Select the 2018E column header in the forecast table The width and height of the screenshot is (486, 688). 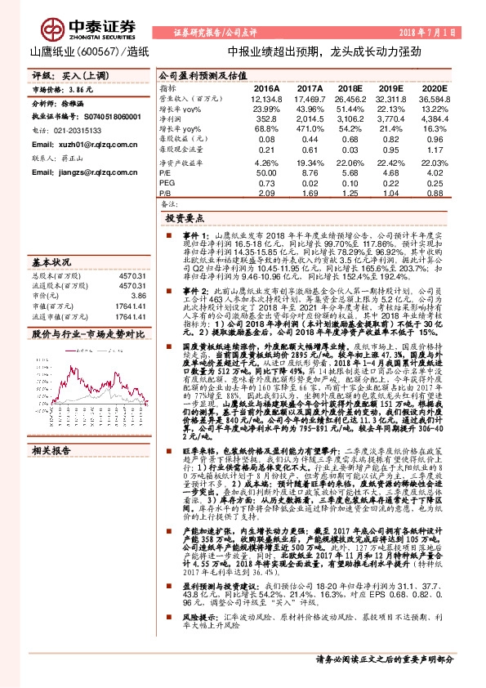click(x=350, y=87)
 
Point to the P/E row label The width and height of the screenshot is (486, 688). click(x=166, y=172)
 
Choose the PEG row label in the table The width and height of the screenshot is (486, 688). click(x=167, y=182)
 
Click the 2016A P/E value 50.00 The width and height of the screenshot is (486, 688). click(x=266, y=172)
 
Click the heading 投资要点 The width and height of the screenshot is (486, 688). click(x=183, y=218)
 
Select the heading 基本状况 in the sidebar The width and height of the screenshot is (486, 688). click(x=51, y=262)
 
